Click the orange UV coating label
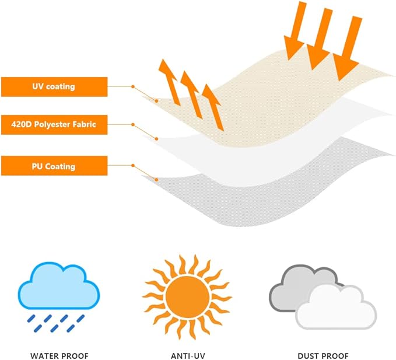54,87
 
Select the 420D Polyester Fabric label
54,124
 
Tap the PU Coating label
54,166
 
